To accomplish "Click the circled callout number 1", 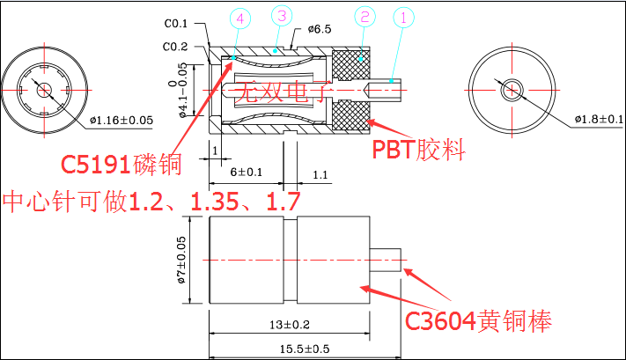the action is point(403,18).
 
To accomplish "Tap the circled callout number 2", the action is point(365,17).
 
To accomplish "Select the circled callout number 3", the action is point(282,16).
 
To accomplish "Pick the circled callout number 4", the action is point(240,18).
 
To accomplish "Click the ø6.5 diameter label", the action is point(320,29).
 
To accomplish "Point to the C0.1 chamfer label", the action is point(176,24).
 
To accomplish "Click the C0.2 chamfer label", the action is point(175,47).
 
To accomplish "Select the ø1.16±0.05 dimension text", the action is point(122,120).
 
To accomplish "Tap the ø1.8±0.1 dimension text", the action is point(599,119).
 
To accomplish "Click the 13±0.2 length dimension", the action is point(290,325).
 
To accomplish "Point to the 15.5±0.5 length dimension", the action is point(305,349).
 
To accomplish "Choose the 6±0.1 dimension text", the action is point(247,172).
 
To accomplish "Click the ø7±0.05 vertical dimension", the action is point(181,260).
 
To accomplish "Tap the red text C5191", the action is point(96,164).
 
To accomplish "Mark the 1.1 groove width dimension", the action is point(320,175).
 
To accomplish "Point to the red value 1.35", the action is point(214,202).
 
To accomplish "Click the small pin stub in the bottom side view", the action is point(386,261).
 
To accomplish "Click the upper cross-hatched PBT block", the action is point(351,63).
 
